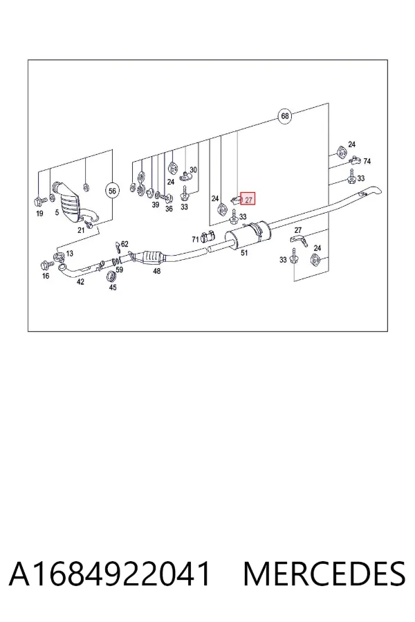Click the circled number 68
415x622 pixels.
285,116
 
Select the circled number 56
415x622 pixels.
112,191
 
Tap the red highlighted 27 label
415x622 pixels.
248,200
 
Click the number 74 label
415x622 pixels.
367,161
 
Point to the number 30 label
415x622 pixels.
193,170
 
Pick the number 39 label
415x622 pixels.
155,205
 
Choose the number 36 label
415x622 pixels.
169,209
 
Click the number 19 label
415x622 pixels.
39,214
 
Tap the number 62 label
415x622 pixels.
124,244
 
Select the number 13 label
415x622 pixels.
69,254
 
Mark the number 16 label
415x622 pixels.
46,276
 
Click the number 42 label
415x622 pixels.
80,282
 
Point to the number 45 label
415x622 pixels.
113,288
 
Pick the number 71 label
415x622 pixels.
195,240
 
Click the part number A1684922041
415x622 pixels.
109,574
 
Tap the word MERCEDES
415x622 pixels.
324,574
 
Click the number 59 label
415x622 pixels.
120,270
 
